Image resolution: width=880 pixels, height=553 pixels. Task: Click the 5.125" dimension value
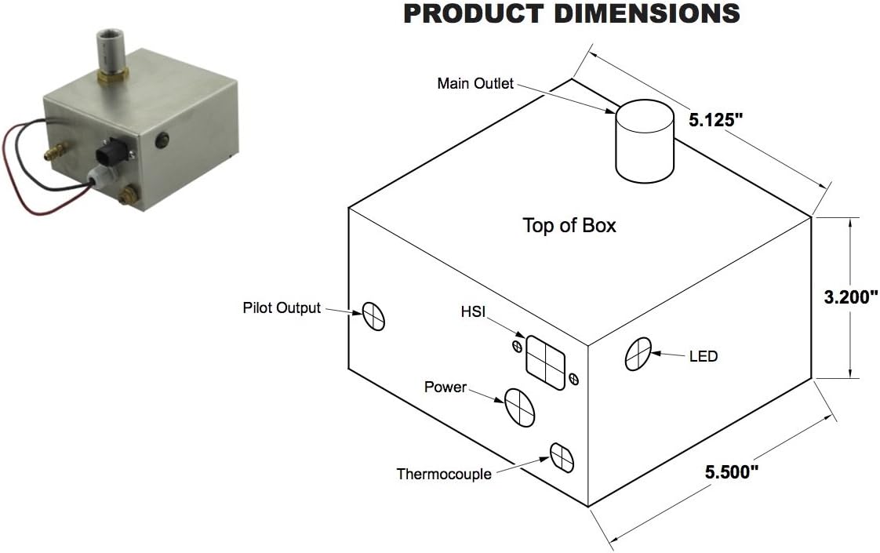point(715,120)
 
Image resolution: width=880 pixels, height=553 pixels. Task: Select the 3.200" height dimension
point(850,297)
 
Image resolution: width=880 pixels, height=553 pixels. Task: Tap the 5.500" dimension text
point(731,472)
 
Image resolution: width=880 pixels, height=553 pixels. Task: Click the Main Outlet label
point(475,83)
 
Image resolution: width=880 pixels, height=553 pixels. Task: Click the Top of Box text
point(569,226)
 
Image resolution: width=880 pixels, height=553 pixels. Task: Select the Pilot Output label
point(282,307)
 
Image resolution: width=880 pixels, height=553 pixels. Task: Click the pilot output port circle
point(374,316)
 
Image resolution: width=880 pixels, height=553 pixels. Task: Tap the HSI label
point(474,313)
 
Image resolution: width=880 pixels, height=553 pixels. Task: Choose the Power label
point(445,387)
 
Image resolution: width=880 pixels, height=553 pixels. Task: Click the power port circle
point(518,406)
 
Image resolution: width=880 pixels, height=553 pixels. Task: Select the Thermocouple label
point(444,474)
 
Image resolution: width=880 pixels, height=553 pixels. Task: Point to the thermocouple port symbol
point(562,457)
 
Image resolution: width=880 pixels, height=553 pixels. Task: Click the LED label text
point(704,356)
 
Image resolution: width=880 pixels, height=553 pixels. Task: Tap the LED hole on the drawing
point(638,354)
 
